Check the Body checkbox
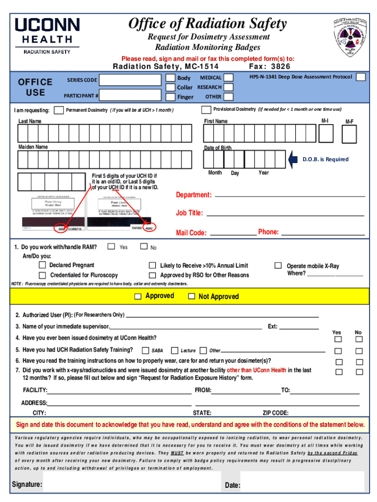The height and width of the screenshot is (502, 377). pos(170,78)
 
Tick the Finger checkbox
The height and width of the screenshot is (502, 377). pos(170,96)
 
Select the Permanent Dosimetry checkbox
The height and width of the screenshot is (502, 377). pos(59,109)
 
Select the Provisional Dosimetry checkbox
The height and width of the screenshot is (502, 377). pos(206,109)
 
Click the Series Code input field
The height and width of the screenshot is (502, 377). pos(130,80)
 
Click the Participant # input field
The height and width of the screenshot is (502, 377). pos(130,95)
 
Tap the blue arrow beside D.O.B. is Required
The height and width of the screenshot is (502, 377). pos(293,159)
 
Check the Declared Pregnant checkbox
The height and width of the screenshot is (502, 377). pos(43,265)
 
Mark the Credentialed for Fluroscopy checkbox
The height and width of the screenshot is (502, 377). pos(43,276)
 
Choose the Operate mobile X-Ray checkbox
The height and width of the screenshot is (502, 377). pos(278,265)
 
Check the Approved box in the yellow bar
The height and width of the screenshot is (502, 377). pos(138,296)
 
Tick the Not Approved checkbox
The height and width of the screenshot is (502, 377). pos(191,296)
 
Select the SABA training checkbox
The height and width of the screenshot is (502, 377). pos(145,351)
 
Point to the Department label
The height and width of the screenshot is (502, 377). pos(194,195)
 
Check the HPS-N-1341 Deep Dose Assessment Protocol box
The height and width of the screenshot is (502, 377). pos(360,77)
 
